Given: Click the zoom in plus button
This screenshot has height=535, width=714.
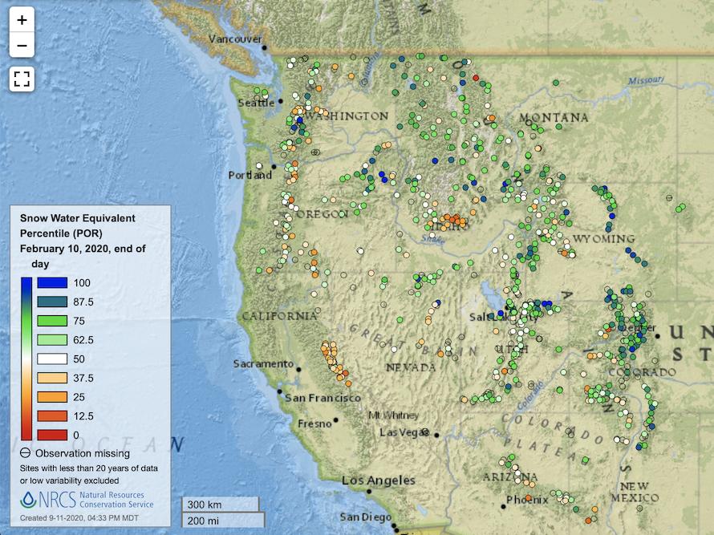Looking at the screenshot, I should click(x=22, y=20).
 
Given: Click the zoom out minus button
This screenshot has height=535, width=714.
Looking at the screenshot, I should click(x=22, y=46).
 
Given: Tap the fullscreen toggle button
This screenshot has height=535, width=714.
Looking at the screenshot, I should click(x=22, y=79).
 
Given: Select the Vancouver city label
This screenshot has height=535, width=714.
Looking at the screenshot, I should click(x=235, y=39).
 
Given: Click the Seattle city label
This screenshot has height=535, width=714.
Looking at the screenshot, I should click(x=256, y=103).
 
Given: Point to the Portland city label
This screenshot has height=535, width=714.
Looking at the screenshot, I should click(x=249, y=175).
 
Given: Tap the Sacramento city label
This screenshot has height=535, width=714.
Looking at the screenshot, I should click(x=263, y=364).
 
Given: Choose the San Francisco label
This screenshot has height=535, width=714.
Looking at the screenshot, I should click(x=323, y=398).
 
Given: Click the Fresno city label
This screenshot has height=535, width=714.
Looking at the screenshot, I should click(x=314, y=423).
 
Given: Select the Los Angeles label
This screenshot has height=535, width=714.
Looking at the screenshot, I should click(x=379, y=480).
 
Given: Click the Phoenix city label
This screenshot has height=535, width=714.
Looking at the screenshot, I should click(x=527, y=500).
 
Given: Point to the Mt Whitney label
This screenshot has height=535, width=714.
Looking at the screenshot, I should click(x=392, y=415).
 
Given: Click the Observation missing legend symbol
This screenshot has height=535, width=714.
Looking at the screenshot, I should click(x=26, y=453).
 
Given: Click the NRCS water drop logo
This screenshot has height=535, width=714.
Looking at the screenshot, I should click(x=29, y=501).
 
